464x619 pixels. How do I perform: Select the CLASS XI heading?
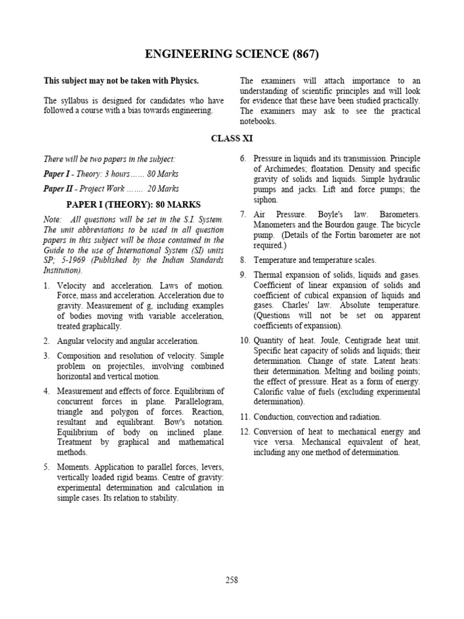pos(232,138)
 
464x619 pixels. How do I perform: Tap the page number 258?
pos(232,580)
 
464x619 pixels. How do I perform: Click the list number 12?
pos(244,432)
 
